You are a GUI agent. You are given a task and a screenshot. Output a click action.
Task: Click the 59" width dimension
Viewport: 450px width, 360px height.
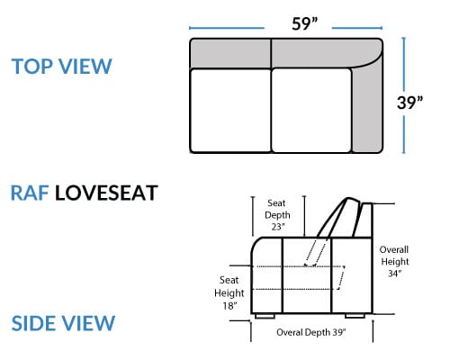tap(304, 23)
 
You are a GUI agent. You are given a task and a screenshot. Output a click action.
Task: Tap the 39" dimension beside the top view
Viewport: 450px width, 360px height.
tap(409, 103)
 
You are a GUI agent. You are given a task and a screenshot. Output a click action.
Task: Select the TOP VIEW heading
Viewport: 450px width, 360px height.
tap(61, 67)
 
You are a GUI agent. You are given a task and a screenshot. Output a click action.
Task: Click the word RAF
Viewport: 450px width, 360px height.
tap(30, 193)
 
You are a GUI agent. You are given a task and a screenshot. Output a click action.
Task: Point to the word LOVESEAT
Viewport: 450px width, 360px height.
tap(106, 193)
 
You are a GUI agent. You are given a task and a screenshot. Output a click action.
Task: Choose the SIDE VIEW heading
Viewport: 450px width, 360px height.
tap(63, 323)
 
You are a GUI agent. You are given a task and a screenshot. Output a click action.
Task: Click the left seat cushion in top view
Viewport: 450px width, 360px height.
tap(230, 111)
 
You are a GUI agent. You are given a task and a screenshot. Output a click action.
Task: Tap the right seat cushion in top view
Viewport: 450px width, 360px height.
tap(311, 111)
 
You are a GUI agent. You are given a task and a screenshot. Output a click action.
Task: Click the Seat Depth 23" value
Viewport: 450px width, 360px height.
tap(277, 227)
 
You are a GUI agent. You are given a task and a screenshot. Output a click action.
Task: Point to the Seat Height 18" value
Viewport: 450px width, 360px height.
tap(229, 306)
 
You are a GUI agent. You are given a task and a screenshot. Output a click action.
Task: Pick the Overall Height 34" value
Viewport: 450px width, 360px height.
tap(395, 274)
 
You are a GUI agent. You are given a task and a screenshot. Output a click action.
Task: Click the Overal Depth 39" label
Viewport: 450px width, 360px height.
tap(311, 332)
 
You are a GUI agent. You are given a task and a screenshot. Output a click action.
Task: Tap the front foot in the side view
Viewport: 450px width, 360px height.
tap(265, 316)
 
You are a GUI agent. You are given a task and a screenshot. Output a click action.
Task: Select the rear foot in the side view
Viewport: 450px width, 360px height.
tap(355, 316)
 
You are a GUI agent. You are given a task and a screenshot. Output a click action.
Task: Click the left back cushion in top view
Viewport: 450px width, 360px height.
tap(230, 54)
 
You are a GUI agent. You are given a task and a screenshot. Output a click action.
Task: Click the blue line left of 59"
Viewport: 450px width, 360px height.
tap(227, 28)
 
